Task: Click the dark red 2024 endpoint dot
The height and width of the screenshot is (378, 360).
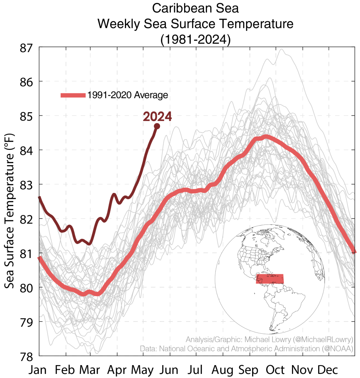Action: point(157,126)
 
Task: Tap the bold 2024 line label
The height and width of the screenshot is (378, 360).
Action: point(157,117)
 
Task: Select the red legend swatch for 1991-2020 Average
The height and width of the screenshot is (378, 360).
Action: point(72,95)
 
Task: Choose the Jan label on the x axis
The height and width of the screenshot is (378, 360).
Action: point(39,370)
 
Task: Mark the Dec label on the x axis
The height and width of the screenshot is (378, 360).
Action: point(328,370)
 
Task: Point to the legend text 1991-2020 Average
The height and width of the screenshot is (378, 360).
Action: point(128,95)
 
